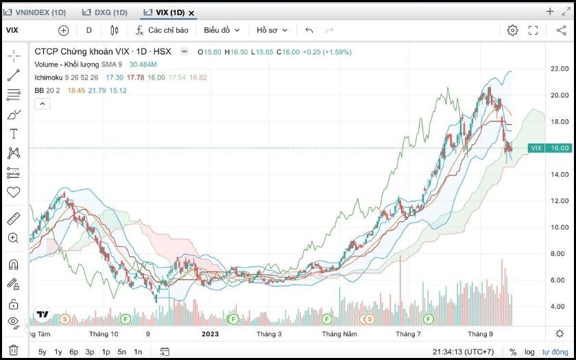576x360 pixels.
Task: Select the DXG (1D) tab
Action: click(x=104, y=12)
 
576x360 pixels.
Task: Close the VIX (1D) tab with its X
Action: click(x=191, y=13)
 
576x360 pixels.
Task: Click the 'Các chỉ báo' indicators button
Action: click(x=163, y=30)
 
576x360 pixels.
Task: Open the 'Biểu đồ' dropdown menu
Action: click(x=221, y=30)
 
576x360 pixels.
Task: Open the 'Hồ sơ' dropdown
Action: click(x=272, y=30)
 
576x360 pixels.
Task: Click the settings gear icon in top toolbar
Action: click(x=512, y=30)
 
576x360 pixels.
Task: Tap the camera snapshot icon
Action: click(x=559, y=30)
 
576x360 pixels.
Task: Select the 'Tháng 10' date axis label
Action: click(x=104, y=334)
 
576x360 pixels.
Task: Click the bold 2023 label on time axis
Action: click(x=210, y=334)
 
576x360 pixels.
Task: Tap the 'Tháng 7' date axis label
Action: click(x=408, y=334)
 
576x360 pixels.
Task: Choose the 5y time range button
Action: click(x=43, y=352)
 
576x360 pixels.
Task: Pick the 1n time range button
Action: click(x=138, y=352)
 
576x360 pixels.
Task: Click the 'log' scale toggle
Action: click(x=529, y=352)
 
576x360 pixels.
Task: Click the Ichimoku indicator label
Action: click(x=49, y=77)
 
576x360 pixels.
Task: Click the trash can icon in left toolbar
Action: click(x=14, y=350)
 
